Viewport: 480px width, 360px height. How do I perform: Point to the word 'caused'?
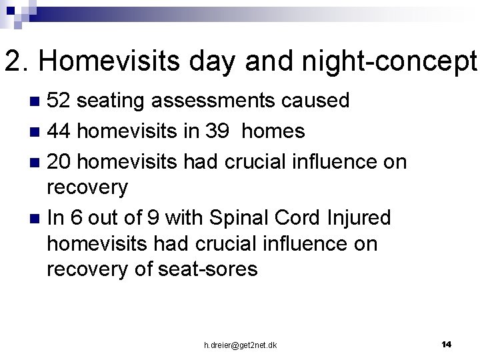[x=316, y=101]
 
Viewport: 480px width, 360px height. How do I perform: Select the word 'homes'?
[x=273, y=131]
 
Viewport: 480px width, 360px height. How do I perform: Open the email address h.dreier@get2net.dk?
[x=240, y=345]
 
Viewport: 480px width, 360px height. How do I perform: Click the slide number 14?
[x=446, y=344]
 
